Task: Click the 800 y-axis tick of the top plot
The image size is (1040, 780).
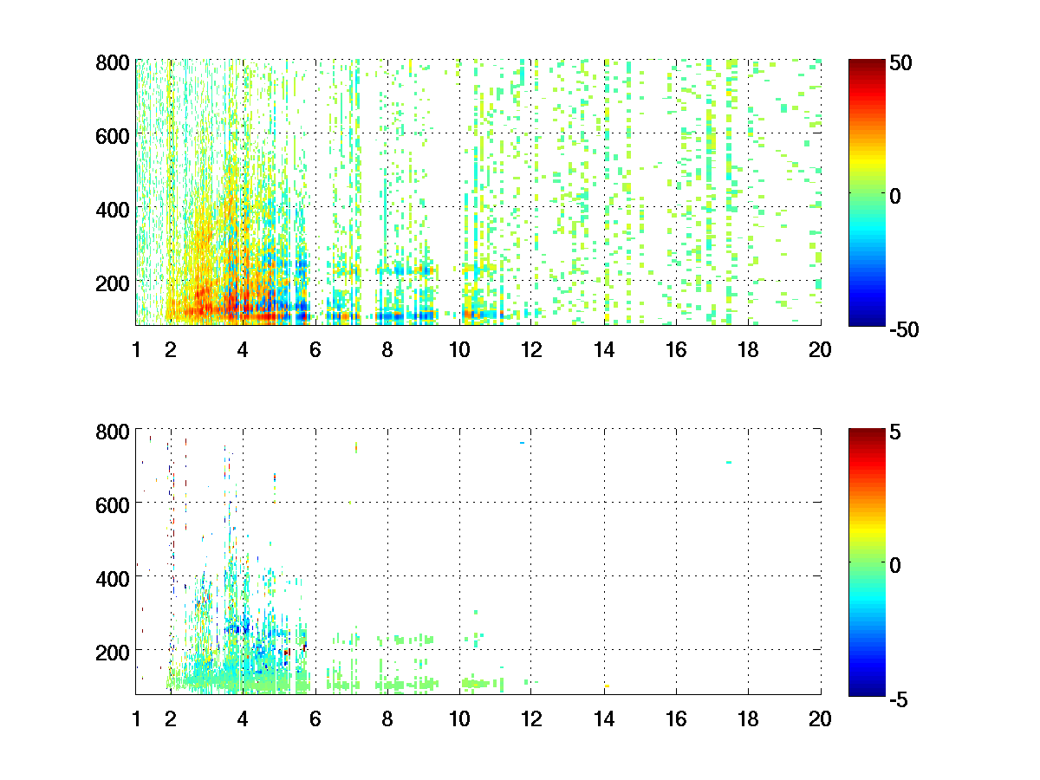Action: tap(113, 62)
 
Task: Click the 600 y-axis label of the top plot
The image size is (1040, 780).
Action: tap(113, 135)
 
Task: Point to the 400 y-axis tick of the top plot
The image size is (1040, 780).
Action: tap(113, 209)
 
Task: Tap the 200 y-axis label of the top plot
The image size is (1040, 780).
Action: tap(113, 283)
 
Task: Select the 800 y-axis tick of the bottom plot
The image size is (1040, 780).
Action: tap(113, 431)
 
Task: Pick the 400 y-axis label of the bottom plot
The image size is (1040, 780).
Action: tap(113, 577)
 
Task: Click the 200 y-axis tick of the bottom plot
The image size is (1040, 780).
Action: tap(113, 651)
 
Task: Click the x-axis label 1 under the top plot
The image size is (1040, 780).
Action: tap(136, 350)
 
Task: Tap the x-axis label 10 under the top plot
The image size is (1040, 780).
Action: tap(458, 350)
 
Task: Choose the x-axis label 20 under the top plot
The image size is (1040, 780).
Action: tap(820, 350)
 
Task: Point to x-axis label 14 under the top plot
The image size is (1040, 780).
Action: tap(603, 350)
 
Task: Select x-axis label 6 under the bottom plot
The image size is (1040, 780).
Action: tap(315, 718)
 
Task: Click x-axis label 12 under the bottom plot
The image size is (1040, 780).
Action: tap(531, 718)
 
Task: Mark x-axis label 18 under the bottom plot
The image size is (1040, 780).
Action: tap(748, 718)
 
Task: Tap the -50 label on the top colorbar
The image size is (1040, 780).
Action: tap(905, 329)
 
